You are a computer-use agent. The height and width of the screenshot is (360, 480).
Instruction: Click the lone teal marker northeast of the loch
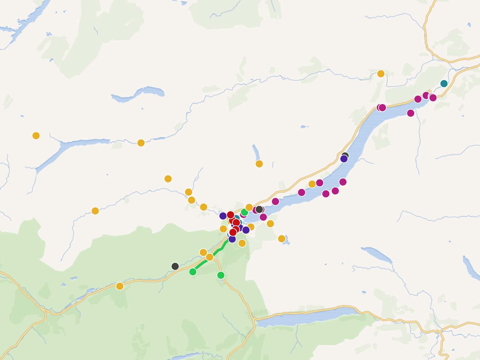pyautogui.click(x=444, y=83)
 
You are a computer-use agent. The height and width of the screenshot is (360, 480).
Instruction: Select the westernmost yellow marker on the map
pyautogui.click(x=36, y=136)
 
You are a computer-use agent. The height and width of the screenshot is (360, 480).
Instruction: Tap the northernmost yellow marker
pyautogui.click(x=381, y=74)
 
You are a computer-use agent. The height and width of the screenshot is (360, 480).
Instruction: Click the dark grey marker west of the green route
pyautogui.click(x=175, y=266)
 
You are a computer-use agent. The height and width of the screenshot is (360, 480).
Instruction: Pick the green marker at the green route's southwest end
pyautogui.click(x=193, y=272)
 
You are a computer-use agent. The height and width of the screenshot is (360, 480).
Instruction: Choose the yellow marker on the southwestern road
pyautogui.click(x=120, y=286)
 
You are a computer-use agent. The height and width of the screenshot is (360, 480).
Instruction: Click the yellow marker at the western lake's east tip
pyautogui.click(x=141, y=143)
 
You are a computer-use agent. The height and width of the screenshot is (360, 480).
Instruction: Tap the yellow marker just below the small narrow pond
pyautogui.click(x=259, y=164)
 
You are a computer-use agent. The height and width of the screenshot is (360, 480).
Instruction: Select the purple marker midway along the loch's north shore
pyautogui.click(x=344, y=159)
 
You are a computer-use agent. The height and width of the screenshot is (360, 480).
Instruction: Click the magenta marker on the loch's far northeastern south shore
pyautogui.click(x=411, y=113)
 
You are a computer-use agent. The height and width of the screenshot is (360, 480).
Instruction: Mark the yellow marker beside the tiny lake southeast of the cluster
pyautogui.click(x=282, y=239)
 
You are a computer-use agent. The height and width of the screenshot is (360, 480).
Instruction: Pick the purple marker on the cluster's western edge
pyautogui.click(x=223, y=216)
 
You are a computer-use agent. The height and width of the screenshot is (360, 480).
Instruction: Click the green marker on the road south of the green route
pyautogui.click(x=221, y=275)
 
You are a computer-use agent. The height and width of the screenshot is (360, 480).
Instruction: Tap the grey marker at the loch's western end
pyautogui.click(x=259, y=209)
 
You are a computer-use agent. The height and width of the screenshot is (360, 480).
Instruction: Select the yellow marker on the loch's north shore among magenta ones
pyautogui.click(x=312, y=184)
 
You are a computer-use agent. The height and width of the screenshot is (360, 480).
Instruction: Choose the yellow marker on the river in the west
pyautogui.click(x=95, y=211)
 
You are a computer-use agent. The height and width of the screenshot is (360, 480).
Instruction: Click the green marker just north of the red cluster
pyautogui.click(x=244, y=212)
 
